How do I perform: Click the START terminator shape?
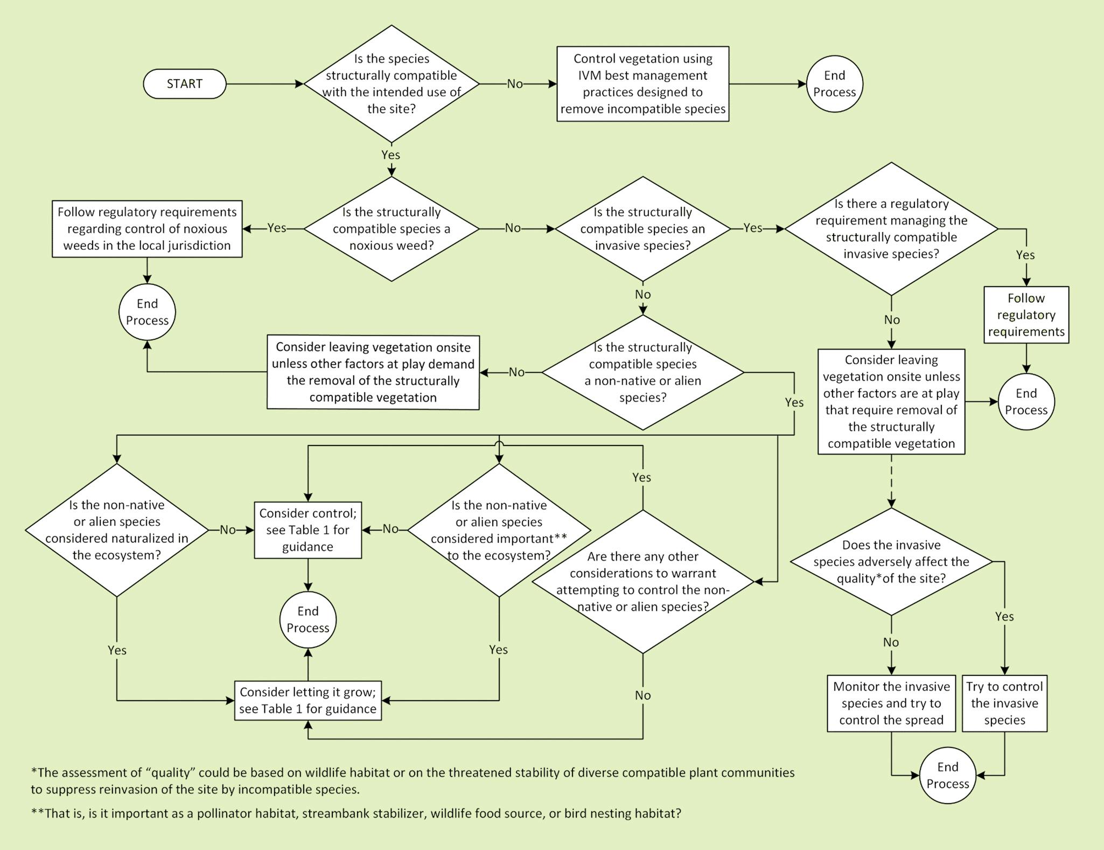pos(184,84)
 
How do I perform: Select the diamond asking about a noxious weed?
pos(392,229)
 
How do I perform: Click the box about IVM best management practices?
pos(642,84)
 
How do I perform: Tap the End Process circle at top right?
pos(834,84)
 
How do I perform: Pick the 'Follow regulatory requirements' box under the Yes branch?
pos(1026,315)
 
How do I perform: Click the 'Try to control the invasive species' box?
pos(1004,703)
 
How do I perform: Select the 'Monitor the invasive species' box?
pos(891,703)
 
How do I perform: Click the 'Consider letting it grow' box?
pos(308,700)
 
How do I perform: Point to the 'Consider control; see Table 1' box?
pos(308,530)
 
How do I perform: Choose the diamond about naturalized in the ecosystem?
pos(117,530)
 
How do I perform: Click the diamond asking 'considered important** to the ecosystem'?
pos(499,530)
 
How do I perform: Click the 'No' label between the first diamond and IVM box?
pos(515,84)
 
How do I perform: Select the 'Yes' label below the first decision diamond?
pos(391,155)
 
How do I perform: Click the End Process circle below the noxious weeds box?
pos(147,312)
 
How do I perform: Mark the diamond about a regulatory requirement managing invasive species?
pos(891,229)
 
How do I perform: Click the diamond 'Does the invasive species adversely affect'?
pos(891,562)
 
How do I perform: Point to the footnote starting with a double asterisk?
pos(355,813)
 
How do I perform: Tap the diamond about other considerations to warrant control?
pos(642,582)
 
